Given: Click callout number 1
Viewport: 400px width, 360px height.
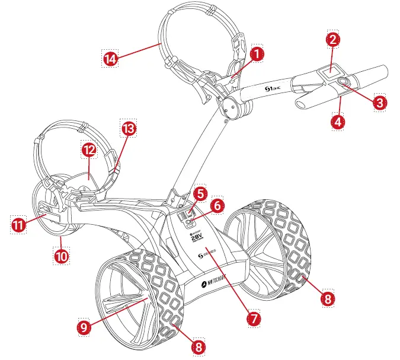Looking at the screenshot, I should (257, 53).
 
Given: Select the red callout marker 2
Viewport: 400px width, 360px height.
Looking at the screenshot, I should (333, 40).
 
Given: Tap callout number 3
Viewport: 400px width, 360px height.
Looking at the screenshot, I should (379, 101).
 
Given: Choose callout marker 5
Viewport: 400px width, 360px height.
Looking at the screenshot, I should (201, 193).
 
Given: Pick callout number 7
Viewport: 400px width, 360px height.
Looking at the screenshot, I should (253, 317).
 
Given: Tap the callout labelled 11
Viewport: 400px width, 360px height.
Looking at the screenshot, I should (18, 225).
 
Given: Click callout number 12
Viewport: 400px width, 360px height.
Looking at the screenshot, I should (89, 150).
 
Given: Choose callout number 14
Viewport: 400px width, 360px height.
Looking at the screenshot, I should (110, 58).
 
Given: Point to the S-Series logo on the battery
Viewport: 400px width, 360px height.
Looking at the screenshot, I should (206, 254).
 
